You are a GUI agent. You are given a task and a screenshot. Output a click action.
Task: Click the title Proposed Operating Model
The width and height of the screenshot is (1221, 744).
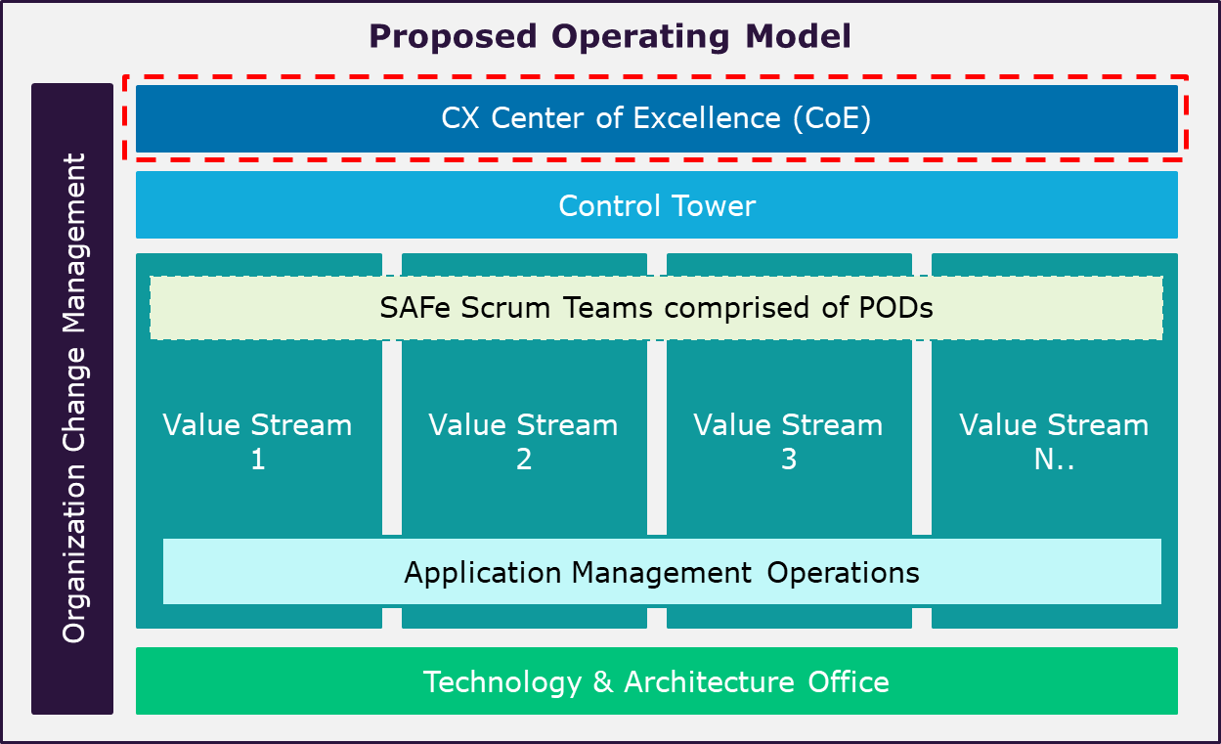tap(610, 37)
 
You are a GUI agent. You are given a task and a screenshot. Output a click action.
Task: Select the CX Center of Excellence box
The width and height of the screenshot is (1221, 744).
tap(656, 118)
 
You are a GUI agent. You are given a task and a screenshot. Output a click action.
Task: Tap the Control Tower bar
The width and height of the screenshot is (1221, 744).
tap(656, 205)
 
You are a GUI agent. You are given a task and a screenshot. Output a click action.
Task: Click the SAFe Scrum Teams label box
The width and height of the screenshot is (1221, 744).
tap(656, 308)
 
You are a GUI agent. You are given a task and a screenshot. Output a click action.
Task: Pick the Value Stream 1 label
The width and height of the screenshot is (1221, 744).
tap(258, 441)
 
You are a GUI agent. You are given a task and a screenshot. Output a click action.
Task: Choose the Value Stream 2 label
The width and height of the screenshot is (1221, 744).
tap(524, 441)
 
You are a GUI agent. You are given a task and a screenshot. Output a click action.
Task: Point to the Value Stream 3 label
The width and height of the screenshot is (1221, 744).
tap(789, 441)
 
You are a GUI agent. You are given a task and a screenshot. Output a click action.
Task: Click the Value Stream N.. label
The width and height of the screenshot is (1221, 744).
tap(1054, 441)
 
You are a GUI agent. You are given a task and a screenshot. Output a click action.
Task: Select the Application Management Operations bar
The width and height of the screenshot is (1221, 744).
tap(662, 571)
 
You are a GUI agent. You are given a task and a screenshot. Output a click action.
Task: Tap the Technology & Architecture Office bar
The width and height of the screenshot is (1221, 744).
tap(656, 680)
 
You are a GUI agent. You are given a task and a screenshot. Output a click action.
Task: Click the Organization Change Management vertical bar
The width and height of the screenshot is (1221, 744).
tap(73, 398)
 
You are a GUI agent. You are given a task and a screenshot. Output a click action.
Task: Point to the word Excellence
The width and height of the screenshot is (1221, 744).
tap(707, 118)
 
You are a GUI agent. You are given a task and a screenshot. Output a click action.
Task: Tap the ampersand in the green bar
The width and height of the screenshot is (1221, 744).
tap(602, 681)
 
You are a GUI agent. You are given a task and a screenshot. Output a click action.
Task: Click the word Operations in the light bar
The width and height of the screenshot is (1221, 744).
tap(843, 572)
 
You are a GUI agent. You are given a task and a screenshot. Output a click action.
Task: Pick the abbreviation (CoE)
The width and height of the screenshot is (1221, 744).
tap(830, 119)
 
